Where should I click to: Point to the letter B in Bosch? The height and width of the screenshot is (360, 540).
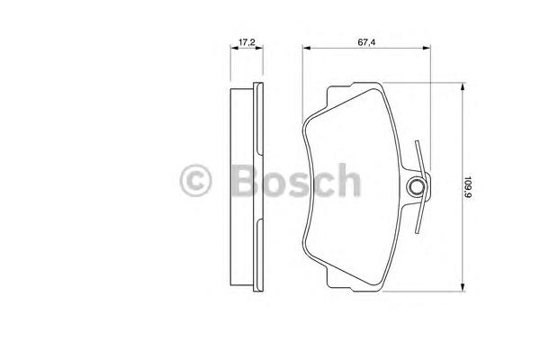[237, 182]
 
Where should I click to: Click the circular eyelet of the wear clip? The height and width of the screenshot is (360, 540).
[417, 187]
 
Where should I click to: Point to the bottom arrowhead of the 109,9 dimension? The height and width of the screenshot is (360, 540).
[461, 285]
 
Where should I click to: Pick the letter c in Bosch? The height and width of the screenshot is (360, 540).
[320, 184]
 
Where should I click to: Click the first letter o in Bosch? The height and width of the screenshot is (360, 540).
[269, 184]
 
